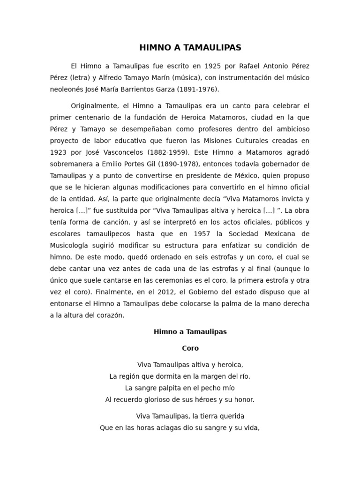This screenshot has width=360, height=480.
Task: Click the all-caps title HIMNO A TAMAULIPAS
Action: (190, 48)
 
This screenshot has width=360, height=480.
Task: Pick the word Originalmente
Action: (96, 106)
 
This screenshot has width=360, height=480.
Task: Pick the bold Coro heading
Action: (190, 348)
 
